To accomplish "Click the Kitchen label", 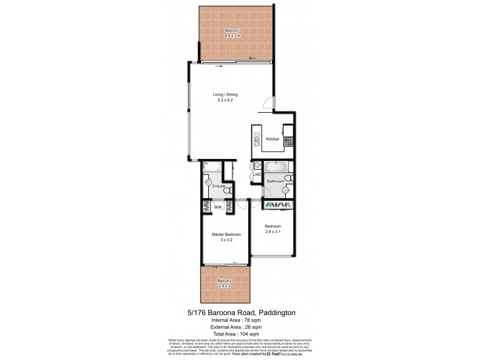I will point(272,139).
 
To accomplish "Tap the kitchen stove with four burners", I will point(287,142).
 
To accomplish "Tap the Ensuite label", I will point(218,186).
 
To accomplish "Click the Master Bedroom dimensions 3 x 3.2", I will point(226,239).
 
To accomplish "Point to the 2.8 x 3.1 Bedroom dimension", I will point(273,231).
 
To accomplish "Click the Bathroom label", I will point(275,180).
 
